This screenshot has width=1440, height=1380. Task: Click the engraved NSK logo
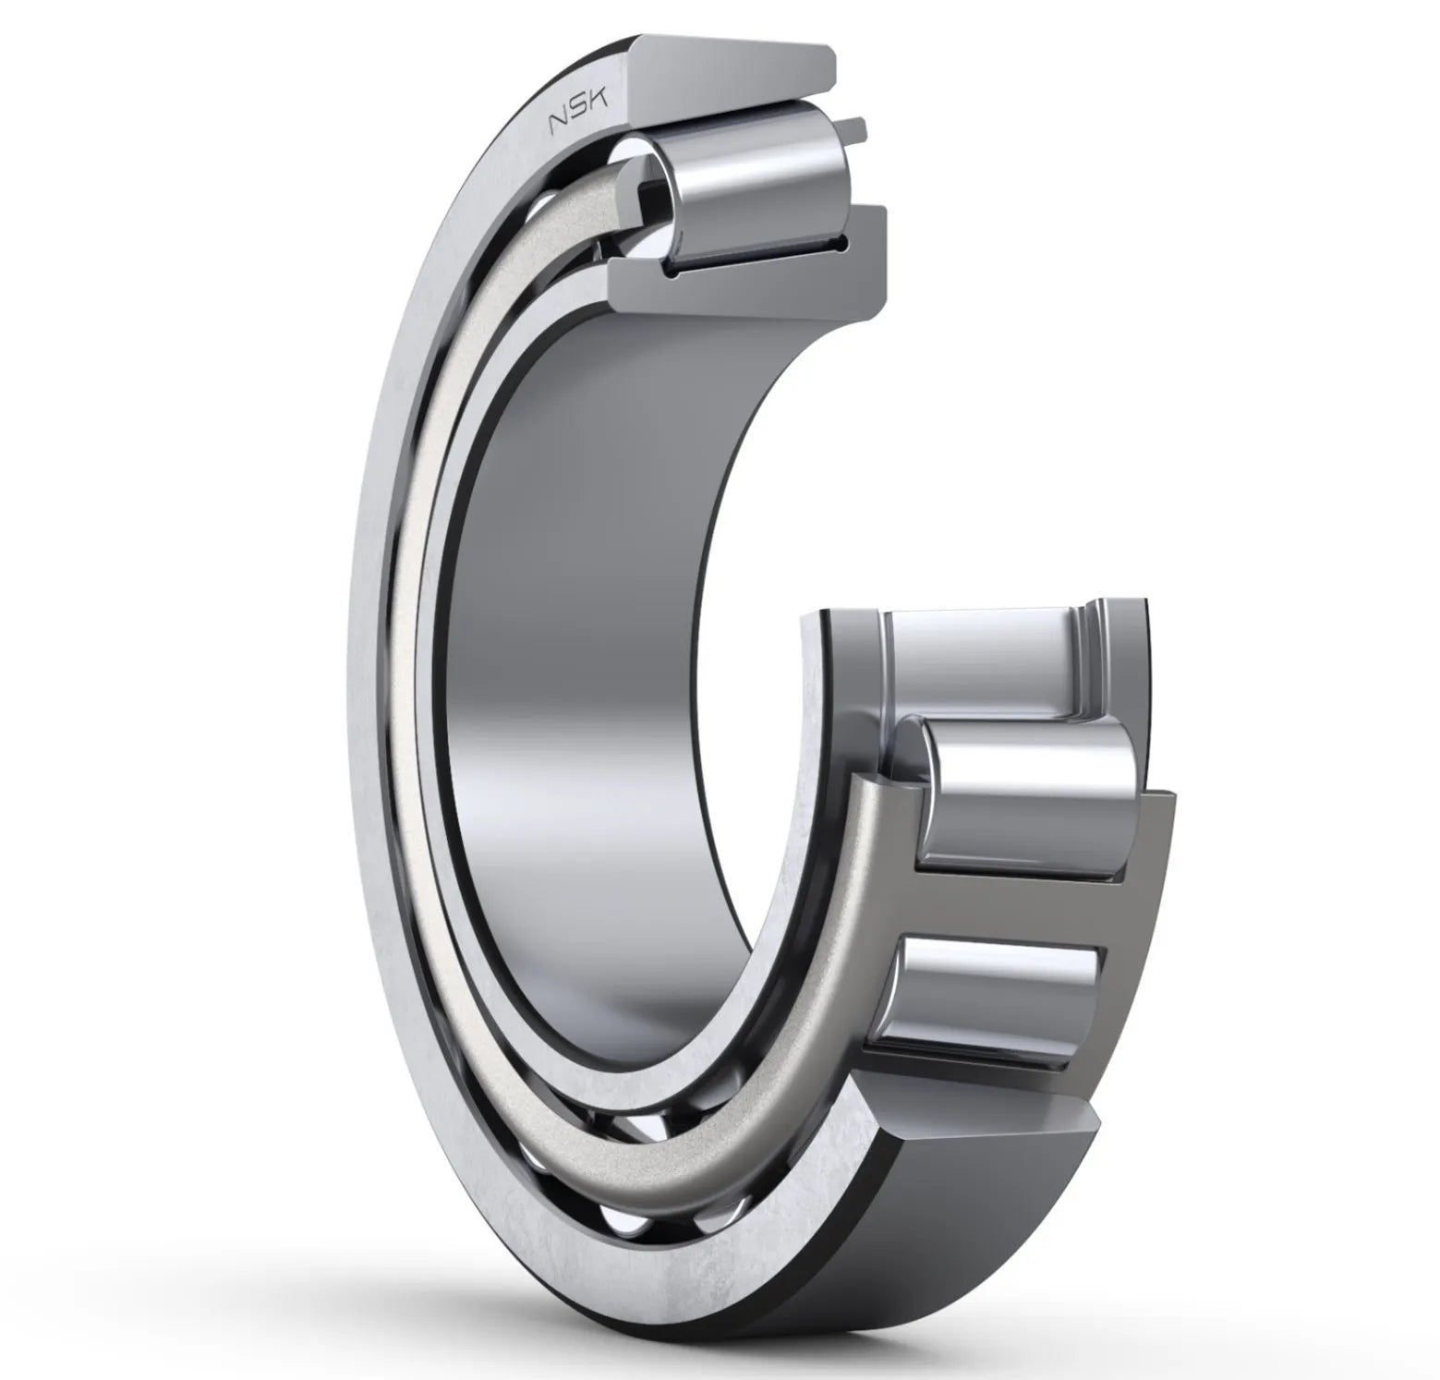click(579, 115)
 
